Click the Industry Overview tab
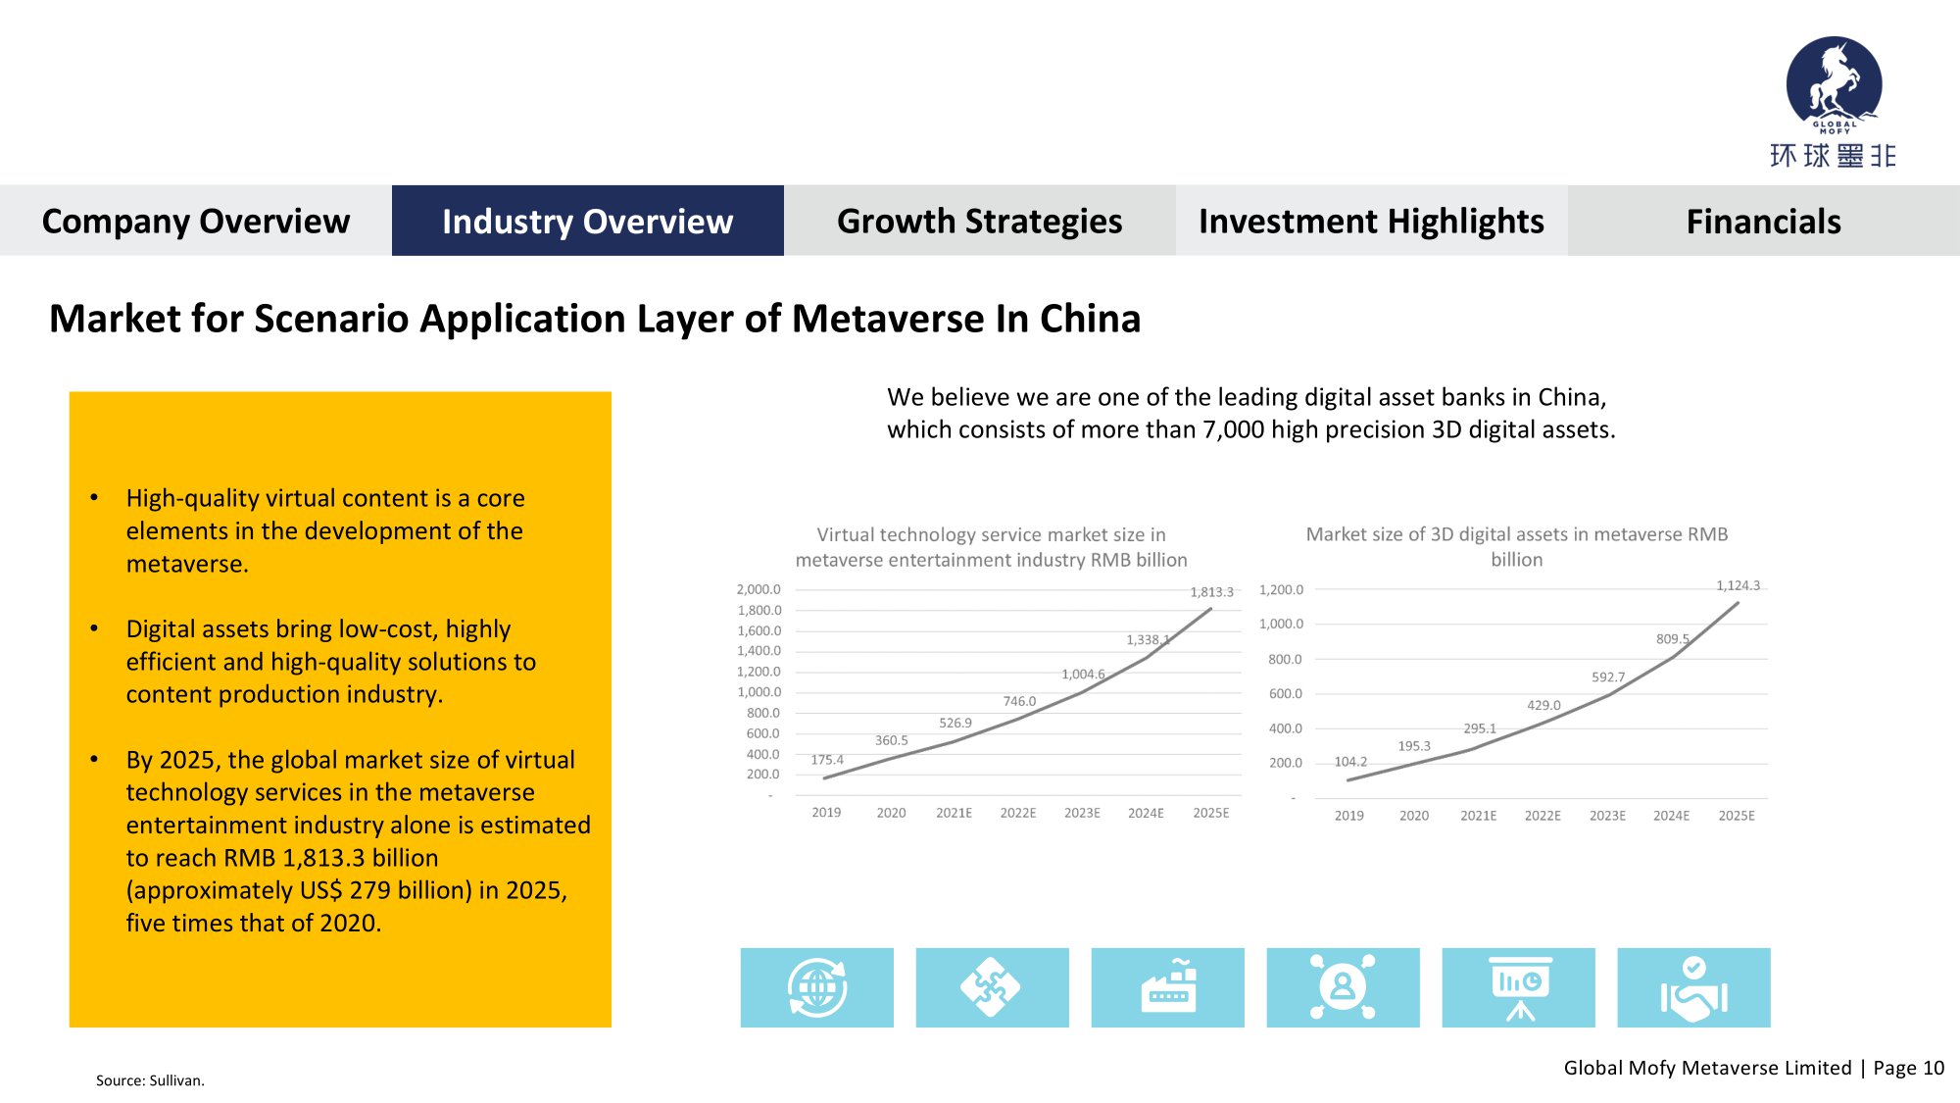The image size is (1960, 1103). (587, 222)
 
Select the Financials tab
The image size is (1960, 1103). (1763, 222)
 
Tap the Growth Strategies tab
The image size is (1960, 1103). (979, 222)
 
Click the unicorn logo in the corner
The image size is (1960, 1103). (1834, 84)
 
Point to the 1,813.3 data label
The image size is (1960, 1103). (1211, 592)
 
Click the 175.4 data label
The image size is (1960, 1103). (827, 760)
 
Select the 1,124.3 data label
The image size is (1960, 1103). (1738, 585)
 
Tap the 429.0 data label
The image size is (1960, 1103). (1543, 705)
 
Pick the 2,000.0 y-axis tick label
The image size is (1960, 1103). (759, 589)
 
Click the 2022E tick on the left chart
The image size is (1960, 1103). (1017, 813)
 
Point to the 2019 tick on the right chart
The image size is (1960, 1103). (1348, 816)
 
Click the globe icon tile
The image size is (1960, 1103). (816, 987)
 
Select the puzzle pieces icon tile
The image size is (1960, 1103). (992, 987)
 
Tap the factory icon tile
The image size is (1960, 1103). (1167, 987)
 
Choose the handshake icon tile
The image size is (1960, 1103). (1693, 987)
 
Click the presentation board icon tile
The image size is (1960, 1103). (1518, 987)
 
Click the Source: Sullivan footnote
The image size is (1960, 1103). (150, 1080)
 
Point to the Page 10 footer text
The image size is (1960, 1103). (1908, 1068)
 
